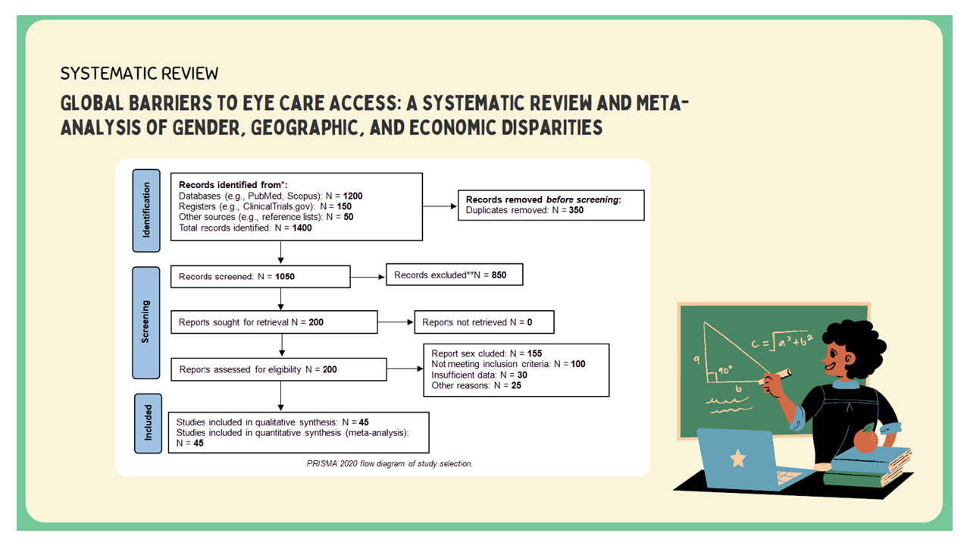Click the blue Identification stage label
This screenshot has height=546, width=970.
coord(146,210)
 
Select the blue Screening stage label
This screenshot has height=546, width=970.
coord(146,322)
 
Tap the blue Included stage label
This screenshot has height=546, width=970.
coord(149,422)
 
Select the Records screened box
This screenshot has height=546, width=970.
coord(261,277)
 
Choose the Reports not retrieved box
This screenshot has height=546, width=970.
coord(483,322)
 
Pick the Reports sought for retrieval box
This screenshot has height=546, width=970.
coord(274,322)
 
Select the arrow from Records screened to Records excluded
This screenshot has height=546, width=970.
coord(368,277)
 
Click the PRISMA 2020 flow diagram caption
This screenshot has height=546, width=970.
coord(382,463)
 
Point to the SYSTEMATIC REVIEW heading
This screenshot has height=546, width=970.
coord(139,74)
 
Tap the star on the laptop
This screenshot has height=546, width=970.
coord(737,459)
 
